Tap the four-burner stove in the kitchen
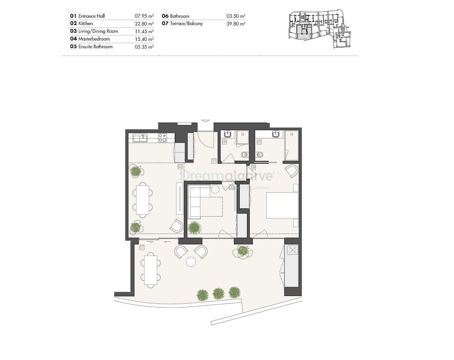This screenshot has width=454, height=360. (x=162, y=137)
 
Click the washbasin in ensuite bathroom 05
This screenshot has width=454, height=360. (x=276, y=134)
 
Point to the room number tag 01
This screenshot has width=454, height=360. (x=214, y=161)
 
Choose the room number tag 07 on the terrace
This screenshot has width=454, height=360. (x=142, y=247)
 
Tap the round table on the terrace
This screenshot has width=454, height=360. (x=192, y=262)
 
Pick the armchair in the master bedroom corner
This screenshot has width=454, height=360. (x=292, y=171)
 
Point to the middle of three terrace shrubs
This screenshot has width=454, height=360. (x=219, y=294)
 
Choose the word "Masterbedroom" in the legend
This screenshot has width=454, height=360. (x=94, y=39)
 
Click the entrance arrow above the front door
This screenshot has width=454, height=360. (x=205, y=120)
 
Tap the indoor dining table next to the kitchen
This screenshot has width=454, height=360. (x=143, y=199)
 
